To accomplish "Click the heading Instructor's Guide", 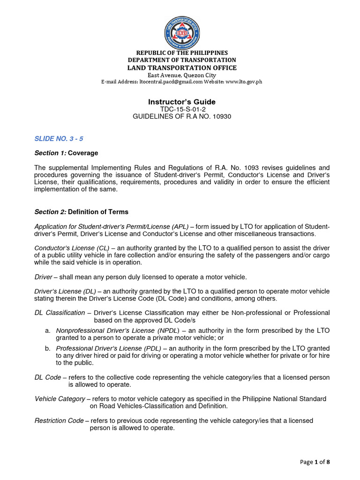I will tap(182, 102).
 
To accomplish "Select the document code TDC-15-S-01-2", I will tap(182, 109).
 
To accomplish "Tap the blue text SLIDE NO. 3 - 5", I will tap(59, 139).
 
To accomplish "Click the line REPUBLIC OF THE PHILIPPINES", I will tap(182, 53).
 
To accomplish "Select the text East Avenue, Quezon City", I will tap(182, 75).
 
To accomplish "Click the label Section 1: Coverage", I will tap(66, 153).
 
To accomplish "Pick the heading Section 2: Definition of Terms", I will tap(81, 212).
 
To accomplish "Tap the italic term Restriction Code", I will tap(59, 420).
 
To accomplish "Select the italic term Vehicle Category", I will tap(60, 399).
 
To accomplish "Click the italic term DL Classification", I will tap(60, 313).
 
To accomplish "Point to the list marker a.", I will tap(48, 330).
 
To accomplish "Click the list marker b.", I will tap(48, 348).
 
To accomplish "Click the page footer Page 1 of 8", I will tap(315, 462).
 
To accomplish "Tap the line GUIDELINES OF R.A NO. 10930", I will tap(182, 116).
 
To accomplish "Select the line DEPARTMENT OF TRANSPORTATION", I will tap(182, 60).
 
